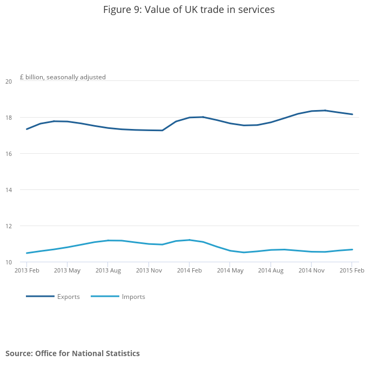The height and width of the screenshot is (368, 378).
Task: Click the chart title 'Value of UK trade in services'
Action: point(188,10)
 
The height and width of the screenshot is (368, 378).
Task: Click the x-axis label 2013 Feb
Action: point(27,270)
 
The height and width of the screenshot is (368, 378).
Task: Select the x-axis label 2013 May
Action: point(67,270)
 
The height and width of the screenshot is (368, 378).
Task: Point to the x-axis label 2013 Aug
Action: point(108,270)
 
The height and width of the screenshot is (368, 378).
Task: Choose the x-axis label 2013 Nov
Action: point(148,270)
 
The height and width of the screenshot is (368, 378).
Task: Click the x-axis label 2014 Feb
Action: point(189,270)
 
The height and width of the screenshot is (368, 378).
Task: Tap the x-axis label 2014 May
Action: point(230,270)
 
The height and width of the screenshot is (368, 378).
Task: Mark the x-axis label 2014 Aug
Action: point(271,270)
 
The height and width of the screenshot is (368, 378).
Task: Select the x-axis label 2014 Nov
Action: point(312,270)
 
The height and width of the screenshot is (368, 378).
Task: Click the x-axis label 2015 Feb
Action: point(352,270)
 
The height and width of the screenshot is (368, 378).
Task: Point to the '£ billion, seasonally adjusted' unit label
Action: point(63,77)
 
